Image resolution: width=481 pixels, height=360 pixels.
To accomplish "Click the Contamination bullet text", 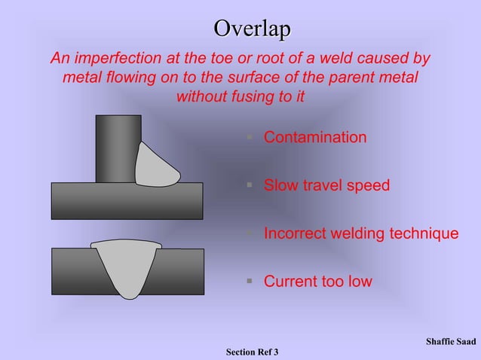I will [x=315, y=138].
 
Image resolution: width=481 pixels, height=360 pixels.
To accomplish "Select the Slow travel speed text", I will [x=326, y=185].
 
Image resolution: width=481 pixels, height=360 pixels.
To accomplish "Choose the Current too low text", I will [x=317, y=282].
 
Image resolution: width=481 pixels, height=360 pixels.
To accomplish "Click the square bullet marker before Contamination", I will [x=249, y=138].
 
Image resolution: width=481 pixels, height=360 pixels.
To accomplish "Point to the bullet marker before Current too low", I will [x=249, y=282].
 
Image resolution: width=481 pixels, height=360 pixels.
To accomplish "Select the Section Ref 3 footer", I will [x=252, y=352].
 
